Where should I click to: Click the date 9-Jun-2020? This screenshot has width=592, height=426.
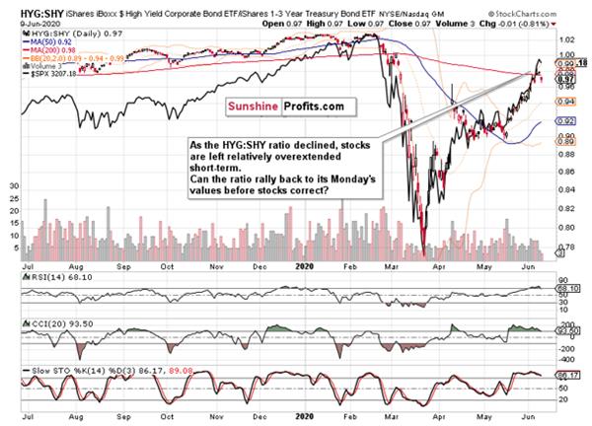pyautogui.click(x=25, y=21)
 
